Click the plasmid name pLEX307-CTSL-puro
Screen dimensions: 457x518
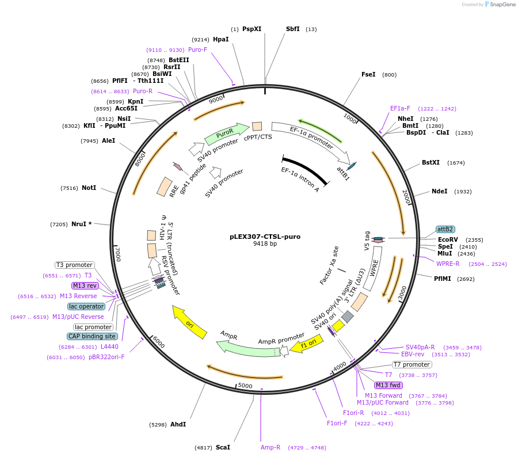point(265,236)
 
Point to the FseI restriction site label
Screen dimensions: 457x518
point(368,75)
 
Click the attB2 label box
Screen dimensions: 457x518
point(445,229)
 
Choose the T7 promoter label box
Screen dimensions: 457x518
point(412,364)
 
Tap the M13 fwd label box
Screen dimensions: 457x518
point(388,385)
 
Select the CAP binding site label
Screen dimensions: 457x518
point(92,336)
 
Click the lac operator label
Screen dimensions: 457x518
point(86,306)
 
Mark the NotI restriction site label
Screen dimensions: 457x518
point(89,188)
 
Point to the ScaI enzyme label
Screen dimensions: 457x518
point(223,447)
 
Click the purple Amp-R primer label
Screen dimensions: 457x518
point(271,447)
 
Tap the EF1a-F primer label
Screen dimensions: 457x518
point(400,108)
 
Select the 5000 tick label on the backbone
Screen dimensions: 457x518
point(245,386)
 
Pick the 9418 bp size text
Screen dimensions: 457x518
point(265,244)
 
